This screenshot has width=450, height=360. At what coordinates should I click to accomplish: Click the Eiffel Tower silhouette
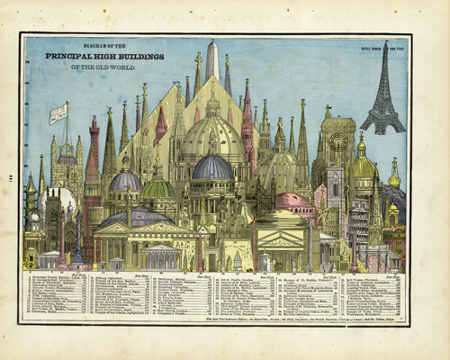pyautogui.click(x=382, y=94)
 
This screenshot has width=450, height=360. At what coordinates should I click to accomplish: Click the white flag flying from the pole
pyautogui.click(x=58, y=113)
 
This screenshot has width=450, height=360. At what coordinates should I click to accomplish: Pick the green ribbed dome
pyautogui.click(x=157, y=189)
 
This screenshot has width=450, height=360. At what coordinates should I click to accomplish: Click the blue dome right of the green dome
pyautogui.click(x=212, y=167)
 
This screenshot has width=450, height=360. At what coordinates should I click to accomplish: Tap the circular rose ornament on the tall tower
pyautogui.click(x=338, y=143)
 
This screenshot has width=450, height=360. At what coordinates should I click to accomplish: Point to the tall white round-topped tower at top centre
pyautogui.click(x=212, y=61)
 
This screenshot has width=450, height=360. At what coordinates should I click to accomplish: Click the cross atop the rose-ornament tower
pyautogui.click(x=328, y=110)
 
